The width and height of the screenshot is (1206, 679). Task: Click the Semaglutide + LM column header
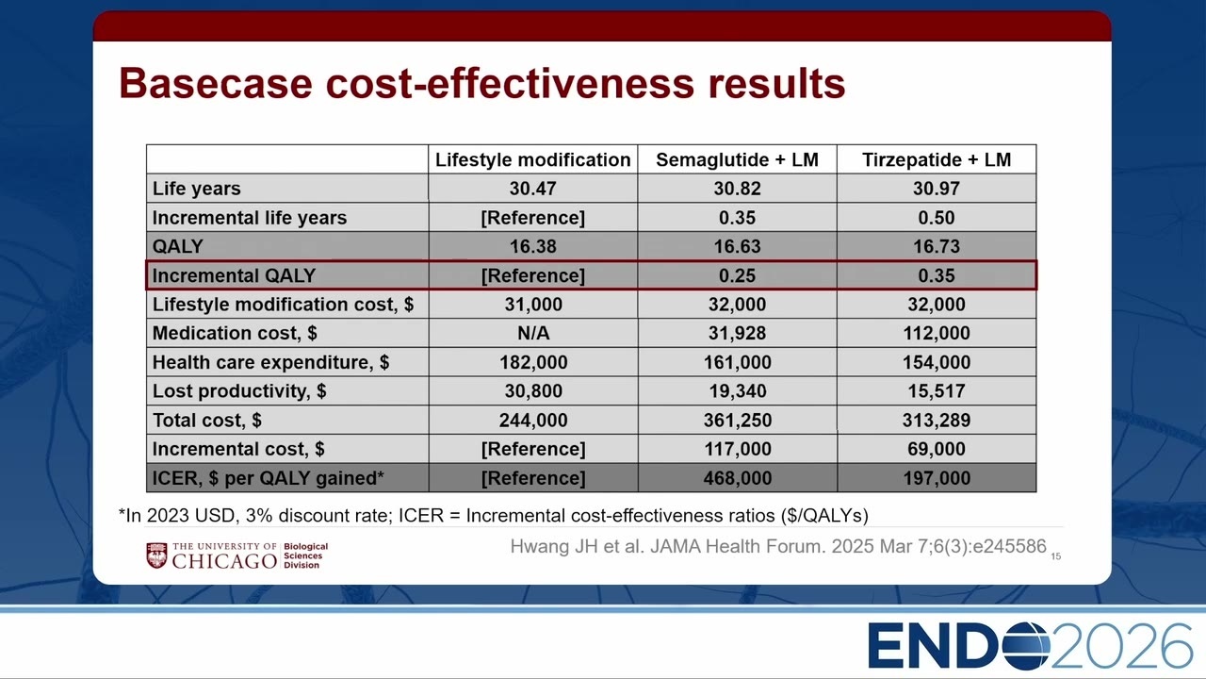point(737,159)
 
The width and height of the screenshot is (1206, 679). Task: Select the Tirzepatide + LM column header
point(937,159)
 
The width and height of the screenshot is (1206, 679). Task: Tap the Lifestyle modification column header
point(532,159)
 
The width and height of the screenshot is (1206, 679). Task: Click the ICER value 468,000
point(737,478)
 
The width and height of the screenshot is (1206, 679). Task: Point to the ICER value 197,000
point(937,478)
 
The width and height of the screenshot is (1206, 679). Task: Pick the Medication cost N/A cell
point(533,333)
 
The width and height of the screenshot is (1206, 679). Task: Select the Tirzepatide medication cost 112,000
point(937,333)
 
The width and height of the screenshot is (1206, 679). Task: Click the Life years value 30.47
point(532,189)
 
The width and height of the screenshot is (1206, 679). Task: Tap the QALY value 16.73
point(937,246)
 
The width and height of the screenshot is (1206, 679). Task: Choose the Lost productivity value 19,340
point(737,390)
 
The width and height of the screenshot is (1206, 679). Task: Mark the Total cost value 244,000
point(533,420)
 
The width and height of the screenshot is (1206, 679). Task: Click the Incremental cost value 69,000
point(937,449)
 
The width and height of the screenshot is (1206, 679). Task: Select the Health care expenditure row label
point(270,362)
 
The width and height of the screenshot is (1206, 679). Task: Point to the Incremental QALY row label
point(234,275)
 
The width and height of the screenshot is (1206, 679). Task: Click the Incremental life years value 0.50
point(937,218)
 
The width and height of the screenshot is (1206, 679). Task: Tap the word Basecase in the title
point(216,84)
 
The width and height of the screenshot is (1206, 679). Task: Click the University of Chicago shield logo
point(156,555)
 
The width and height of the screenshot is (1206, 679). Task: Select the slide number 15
point(1056,556)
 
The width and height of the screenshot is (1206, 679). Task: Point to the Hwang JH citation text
point(778,546)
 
